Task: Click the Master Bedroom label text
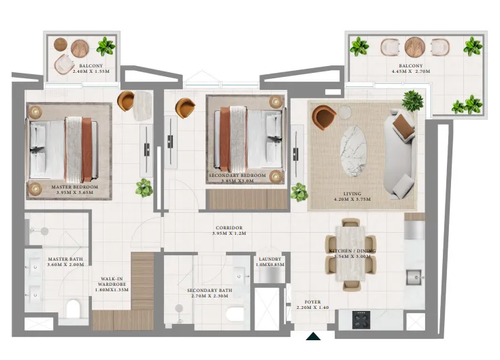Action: click(75, 186)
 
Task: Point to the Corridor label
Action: click(229, 228)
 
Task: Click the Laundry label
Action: click(269, 259)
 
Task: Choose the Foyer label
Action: click(312, 302)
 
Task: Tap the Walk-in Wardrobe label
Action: click(111, 279)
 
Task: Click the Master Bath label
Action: click(65, 259)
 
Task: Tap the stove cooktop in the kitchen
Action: click(361, 319)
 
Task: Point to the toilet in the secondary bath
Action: click(234, 315)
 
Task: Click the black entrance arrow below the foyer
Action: click(313, 337)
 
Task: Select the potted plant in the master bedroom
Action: click(144, 187)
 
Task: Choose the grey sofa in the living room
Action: click(399, 153)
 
